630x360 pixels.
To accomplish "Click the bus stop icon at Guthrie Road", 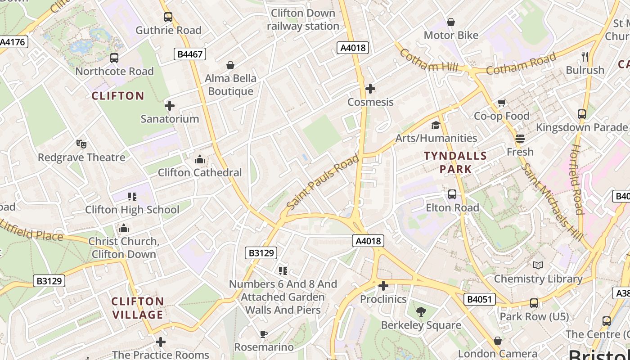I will pos(168,17).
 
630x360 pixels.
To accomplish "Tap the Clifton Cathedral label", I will pos(199,172).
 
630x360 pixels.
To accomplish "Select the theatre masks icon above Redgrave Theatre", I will pos(81,144).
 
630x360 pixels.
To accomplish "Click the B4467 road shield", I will pos(190,54).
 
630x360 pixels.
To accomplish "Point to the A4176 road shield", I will pos(13,42).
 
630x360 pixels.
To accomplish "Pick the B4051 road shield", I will pos(479,299).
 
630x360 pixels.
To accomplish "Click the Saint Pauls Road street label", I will pos(323,182).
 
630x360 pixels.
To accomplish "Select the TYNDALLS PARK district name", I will pos(455,162).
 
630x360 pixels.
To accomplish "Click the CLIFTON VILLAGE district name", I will pos(138,308).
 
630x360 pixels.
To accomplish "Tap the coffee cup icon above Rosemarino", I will pos(264,334).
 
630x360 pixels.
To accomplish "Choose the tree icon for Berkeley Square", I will pos(421,311).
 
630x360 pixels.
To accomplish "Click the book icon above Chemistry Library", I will pos(538,265).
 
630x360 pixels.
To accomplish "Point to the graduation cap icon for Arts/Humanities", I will pos(436,125).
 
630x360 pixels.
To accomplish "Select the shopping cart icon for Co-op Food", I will pos(501,103).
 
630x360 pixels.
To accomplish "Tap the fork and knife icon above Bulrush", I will pos(585,56).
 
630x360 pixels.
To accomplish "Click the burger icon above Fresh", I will pos(520,139).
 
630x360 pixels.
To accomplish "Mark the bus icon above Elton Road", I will pos(452,194).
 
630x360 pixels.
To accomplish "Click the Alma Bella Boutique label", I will pos(230,85).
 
